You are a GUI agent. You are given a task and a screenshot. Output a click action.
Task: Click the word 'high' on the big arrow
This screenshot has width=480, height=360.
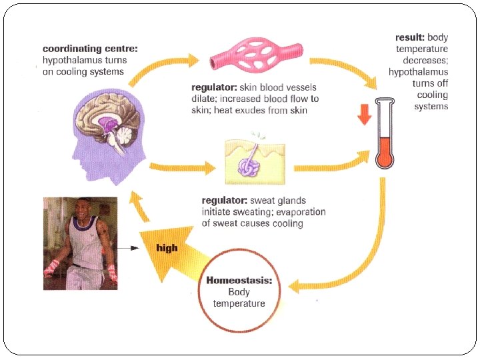click(167, 248)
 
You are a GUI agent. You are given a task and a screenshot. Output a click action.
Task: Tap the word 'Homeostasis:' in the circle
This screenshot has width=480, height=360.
click(239, 280)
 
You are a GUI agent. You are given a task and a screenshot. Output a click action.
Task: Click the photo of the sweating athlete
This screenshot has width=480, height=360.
click(80, 243)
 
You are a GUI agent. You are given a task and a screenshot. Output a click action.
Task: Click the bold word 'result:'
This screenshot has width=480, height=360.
click(409, 37)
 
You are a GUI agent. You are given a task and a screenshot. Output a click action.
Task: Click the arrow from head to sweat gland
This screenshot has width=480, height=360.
click(181, 167)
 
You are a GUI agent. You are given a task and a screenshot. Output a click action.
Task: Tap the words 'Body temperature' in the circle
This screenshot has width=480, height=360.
click(239, 298)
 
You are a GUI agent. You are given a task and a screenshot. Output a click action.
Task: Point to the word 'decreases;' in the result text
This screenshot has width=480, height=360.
click(425, 61)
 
